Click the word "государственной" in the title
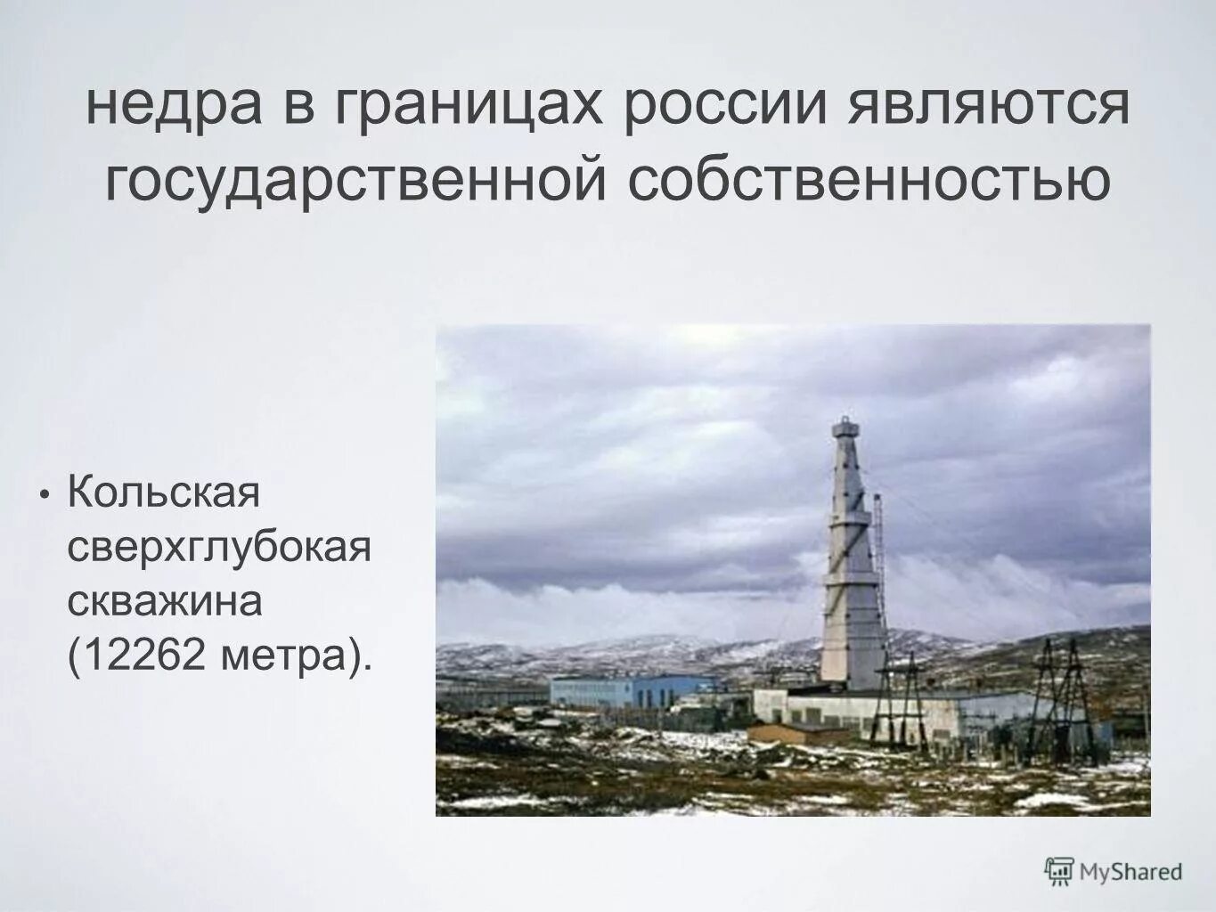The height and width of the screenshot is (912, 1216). pyautogui.click(x=357, y=181)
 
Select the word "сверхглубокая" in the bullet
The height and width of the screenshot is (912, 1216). pyautogui.click(x=218, y=547)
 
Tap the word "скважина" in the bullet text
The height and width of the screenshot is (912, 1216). pyautogui.click(x=166, y=602)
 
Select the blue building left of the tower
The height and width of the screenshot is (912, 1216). pyautogui.click(x=632, y=690)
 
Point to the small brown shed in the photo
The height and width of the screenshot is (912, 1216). pyautogui.click(x=797, y=734)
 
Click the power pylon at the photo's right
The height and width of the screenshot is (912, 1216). pyautogui.click(x=1054, y=704)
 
